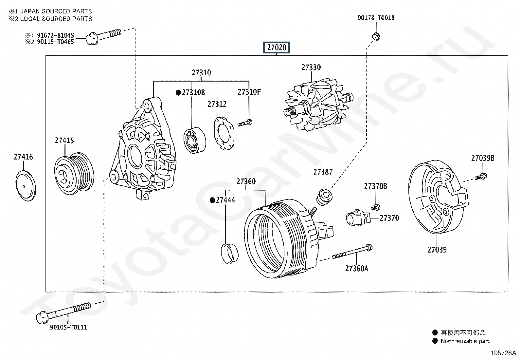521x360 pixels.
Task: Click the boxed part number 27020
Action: [x=276, y=47]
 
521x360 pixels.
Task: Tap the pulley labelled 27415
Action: [x=74, y=174]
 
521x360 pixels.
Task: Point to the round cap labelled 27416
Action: [x=26, y=186]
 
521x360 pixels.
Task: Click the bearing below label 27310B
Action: [x=194, y=140]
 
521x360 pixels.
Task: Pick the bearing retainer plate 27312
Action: [x=224, y=133]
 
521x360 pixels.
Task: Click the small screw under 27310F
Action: [x=245, y=123]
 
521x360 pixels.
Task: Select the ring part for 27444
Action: [x=229, y=253]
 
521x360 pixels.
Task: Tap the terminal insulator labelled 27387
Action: [x=324, y=197]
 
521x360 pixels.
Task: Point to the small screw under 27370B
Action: [x=375, y=207]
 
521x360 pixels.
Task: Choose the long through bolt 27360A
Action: [x=352, y=252]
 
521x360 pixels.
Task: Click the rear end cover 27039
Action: [x=438, y=197]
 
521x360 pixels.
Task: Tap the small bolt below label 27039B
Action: [x=481, y=177]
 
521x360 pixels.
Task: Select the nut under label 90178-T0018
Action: [x=376, y=37]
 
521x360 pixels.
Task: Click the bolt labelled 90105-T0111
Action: [x=63, y=313]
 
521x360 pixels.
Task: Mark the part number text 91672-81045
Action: [x=55, y=35]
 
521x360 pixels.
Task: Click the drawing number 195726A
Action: [x=503, y=353]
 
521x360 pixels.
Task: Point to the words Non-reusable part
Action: [x=465, y=341]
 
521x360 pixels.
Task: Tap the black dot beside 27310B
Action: [x=178, y=93]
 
